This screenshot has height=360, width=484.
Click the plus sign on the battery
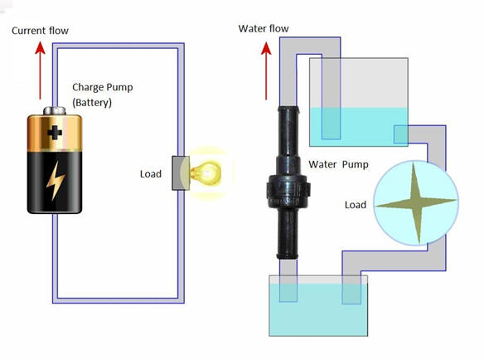(x=55, y=133)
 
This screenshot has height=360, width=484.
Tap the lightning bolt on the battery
(x=56, y=181)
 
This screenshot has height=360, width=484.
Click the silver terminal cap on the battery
(x=55, y=110)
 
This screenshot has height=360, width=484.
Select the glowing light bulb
(x=206, y=173)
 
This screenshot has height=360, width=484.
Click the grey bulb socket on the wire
(x=181, y=173)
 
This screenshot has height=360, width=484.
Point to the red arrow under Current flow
(x=40, y=71)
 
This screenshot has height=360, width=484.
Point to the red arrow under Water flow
(x=266, y=71)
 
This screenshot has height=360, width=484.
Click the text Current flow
(x=40, y=31)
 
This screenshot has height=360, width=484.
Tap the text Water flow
(x=264, y=28)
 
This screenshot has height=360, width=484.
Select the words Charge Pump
(x=103, y=87)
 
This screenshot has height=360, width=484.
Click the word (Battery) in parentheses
(x=92, y=102)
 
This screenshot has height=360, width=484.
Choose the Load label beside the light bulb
(x=151, y=174)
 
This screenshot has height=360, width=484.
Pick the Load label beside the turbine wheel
(x=356, y=205)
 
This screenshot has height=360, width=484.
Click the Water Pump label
(x=338, y=164)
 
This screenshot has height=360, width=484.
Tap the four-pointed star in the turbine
(x=415, y=202)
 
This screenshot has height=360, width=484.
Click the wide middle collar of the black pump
(x=288, y=191)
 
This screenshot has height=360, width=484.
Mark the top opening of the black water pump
(x=288, y=109)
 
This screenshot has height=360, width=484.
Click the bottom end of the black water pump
(x=288, y=255)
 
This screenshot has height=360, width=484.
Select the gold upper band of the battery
(x=55, y=133)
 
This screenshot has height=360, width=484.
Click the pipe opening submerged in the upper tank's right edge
(x=400, y=134)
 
